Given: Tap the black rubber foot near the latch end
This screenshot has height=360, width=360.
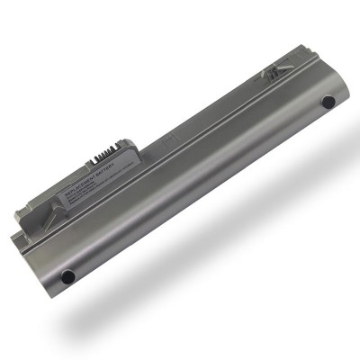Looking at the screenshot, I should (328, 102).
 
